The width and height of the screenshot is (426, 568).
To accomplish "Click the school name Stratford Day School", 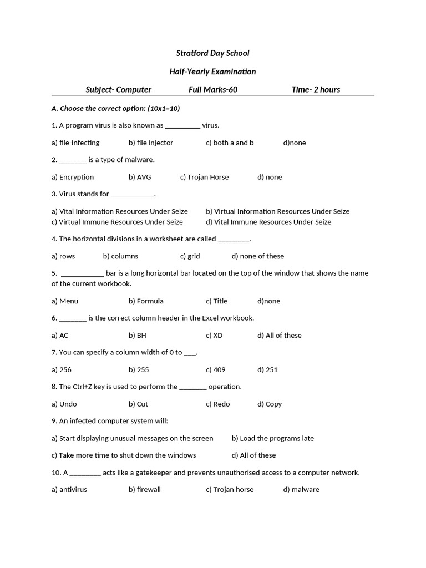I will (x=212, y=53).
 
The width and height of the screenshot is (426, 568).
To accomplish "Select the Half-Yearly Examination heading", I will (x=212, y=72).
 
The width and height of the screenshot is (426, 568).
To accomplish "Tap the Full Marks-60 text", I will (x=213, y=89).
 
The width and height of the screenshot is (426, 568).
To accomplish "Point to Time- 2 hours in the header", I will (x=316, y=89).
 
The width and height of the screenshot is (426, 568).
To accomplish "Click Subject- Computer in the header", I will (x=118, y=89).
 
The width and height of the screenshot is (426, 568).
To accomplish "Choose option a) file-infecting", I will (x=75, y=143).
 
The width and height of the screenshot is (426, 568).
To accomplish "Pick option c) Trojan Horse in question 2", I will (x=204, y=177).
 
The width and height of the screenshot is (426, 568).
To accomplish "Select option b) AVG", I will (x=140, y=177).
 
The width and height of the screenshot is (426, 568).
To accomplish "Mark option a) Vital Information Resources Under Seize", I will (x=119, y=211).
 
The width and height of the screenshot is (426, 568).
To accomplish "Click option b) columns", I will (x=120, y=256).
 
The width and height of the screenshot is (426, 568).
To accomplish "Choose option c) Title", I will (x=216, y=301).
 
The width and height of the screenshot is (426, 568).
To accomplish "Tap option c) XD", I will (x=214, y=336).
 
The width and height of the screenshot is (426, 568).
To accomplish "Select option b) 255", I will (x=139, y=370).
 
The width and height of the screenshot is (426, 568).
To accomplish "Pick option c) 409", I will (x=216, y=370).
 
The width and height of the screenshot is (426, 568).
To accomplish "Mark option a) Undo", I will (x=64, y=404).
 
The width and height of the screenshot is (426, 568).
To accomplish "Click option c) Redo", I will (x=217, y=404).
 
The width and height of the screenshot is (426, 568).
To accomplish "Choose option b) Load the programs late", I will (x=272, y=438).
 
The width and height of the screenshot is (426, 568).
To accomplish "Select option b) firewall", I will (x=145, y=490).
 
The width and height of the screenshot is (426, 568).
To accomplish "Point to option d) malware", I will (x=301, y=490).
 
